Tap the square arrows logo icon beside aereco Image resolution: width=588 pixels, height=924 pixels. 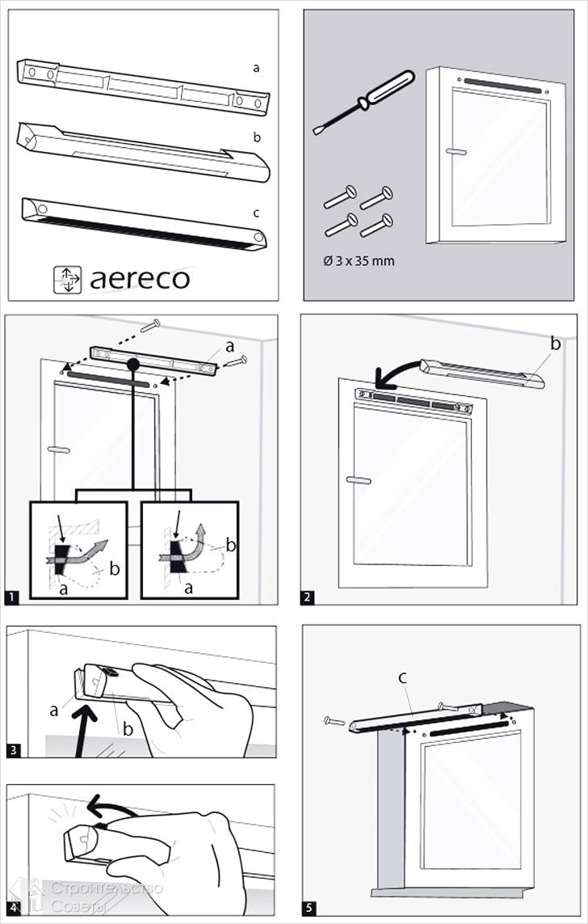point(67,278)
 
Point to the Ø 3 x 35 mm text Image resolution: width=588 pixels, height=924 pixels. point(359,261)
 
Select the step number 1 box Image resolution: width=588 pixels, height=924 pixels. point(12,598)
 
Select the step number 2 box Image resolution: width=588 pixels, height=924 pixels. point(309,597)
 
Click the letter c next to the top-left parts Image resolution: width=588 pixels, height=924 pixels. point(256,213)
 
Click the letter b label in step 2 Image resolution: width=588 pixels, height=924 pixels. point(556,344)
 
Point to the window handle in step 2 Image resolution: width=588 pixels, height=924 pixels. point(358,479)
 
